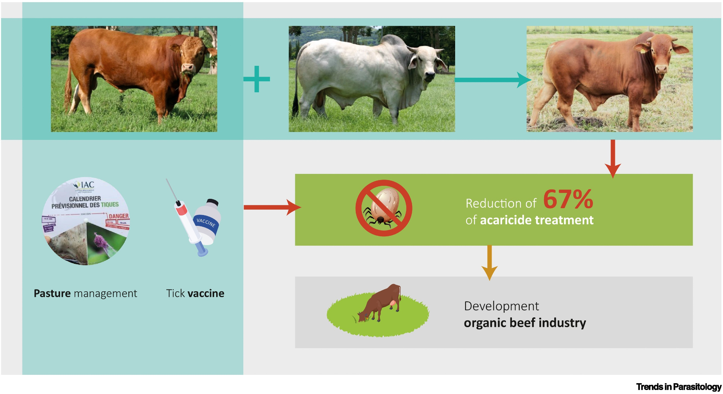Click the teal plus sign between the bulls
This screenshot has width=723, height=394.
(x=257, y=79)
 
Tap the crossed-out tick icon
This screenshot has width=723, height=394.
(x=384, y=208)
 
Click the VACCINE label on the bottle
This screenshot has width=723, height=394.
(x=206, y=222)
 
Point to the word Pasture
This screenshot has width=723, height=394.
(x=52, y=293)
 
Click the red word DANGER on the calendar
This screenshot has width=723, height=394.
(x=119, y=216)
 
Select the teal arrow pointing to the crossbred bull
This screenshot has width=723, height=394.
(x=492, y=80)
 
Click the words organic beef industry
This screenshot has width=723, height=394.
(x=525, y=322)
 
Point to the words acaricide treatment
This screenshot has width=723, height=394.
(x=536, y=220)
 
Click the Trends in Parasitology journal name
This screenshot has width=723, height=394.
(x=679, y=387)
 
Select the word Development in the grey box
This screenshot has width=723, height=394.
(x=501, y=306)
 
